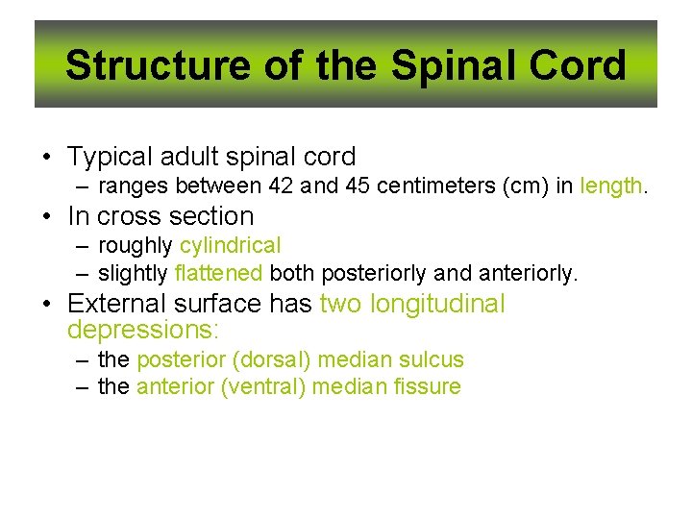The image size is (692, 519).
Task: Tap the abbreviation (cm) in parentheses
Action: pos(522,185)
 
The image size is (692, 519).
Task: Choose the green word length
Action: pos(611,185)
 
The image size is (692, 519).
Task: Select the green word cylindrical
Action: pos(231,246)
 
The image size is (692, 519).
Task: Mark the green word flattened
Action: pos(219,274)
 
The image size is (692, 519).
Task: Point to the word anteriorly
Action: pos(529,274)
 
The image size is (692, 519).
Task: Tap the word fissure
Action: pos(427,387)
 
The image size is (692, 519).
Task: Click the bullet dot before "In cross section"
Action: pos(45,217)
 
